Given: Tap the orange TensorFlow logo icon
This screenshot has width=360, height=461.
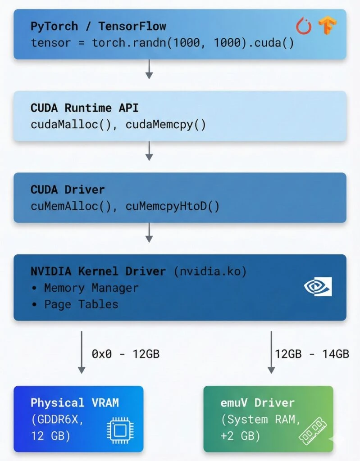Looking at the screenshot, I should [x=328, y=26].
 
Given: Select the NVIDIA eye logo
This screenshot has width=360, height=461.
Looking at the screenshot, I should [x=318, y=286].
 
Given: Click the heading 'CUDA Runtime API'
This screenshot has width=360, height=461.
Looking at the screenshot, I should [x=85, y=108].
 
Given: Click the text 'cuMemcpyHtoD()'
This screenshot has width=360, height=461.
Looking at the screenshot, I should [x=173, y=206].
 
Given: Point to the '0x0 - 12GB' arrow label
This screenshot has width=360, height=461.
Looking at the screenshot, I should [x=126, y=354].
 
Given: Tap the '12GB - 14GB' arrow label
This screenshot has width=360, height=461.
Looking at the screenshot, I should [x=312, y=354].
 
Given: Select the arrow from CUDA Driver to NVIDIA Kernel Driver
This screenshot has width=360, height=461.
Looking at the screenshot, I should [x=149, y=232].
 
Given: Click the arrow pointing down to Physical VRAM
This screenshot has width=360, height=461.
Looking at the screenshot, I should [x=82, y=352].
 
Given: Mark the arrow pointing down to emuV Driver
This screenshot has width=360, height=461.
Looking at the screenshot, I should [x=271, y=352].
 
